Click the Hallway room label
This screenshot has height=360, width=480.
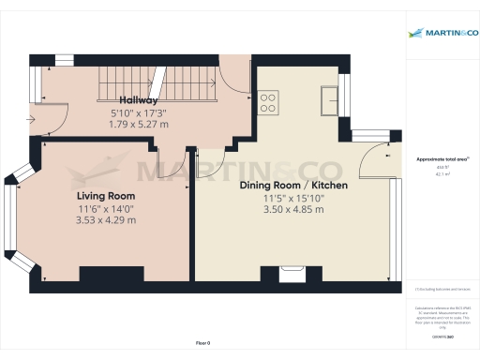138,99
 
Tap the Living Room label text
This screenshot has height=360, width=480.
106,196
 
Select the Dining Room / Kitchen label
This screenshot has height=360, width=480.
293,186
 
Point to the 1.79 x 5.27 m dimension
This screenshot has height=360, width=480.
138,124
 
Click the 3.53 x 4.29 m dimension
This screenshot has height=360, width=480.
106,220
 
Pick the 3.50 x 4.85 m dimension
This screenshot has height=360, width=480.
293,209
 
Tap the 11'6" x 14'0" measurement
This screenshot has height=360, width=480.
106,208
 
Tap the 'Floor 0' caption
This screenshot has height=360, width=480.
203,344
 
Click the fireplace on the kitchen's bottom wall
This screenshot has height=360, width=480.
292,274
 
